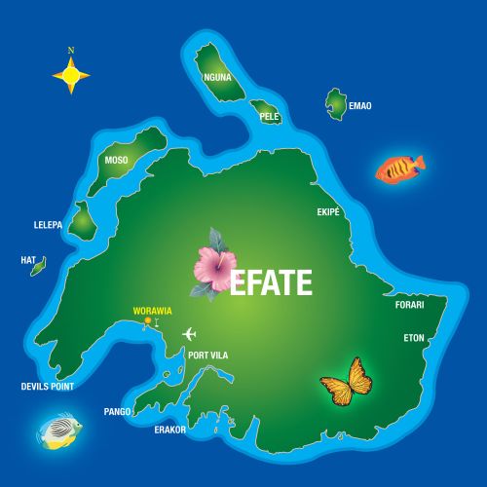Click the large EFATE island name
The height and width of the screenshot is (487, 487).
pyautogui.click(x=271, y=282)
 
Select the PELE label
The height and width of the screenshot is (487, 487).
pyautogui.click(x=270, y=116)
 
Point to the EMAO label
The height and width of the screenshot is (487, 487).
pyautogui.click(x=359, y=105)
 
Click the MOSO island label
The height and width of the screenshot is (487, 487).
pyautogui.click(x=116, y=162)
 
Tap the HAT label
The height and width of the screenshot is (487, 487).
pyautogui.click(x=27, y=260)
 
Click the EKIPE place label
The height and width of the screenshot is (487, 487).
pyautogui.click(x=328, y=211)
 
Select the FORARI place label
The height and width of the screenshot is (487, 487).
pyautogui.click(x=409, y=305)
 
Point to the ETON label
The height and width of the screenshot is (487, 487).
pyautogui.click(x=414, y=338)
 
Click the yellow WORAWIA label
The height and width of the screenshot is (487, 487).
pyautogui.click(x=152, y=311)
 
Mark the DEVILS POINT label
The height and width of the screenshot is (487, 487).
pyautogui.click(x=48, y=387)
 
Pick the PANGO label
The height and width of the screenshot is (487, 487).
pyautogui.click(x=118, y=412)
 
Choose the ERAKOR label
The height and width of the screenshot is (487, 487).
pyautogui.click(x=169, y=428)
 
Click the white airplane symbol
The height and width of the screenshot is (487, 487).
pyautogui.click(x=190, y=334)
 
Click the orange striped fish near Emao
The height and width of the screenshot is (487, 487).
pyautogui.click(x=400, y=169)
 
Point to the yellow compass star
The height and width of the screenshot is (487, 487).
pyautogui.click(x=71, y=73)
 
